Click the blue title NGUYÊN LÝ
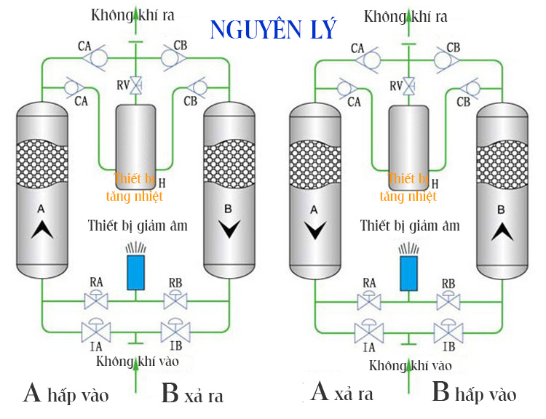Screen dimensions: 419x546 click(273, 28)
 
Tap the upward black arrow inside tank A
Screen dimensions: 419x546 click(41, 231)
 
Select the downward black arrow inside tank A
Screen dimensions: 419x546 click(314, 231)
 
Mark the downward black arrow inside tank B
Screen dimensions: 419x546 click(229, 230)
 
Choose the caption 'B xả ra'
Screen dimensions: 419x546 click(192, 394)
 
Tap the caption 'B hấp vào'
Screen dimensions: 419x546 click(474, 394)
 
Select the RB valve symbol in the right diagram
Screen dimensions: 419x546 click(447, 299)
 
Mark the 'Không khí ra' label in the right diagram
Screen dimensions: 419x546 click(405, 15)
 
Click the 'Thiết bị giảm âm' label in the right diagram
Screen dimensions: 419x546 click(410, 226)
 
